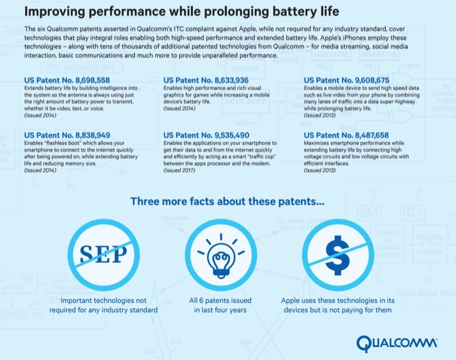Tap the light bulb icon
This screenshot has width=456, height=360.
point(222,254)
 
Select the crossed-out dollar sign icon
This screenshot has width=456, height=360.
point(339,254)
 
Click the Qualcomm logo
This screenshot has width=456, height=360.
point(397,343)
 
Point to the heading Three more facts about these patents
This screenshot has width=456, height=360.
point(228,201)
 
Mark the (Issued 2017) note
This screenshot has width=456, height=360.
point(179,170)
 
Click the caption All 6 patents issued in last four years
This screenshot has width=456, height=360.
point(222,305)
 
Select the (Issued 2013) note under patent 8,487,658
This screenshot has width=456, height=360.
point(320,170)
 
